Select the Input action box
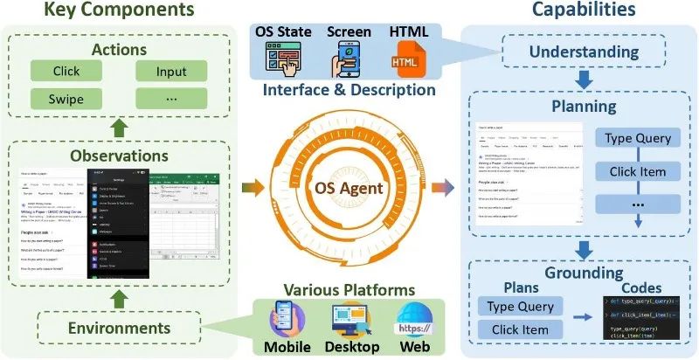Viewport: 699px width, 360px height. pos(171,70)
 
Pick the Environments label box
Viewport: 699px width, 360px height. pos(121,329)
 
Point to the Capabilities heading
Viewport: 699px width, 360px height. pos(582,11)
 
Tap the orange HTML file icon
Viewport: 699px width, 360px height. pos(405,60)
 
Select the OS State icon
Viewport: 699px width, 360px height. pos(282,60)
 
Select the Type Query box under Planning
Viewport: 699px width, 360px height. pos(637,138)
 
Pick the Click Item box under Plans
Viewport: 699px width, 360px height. pos(522,329)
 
